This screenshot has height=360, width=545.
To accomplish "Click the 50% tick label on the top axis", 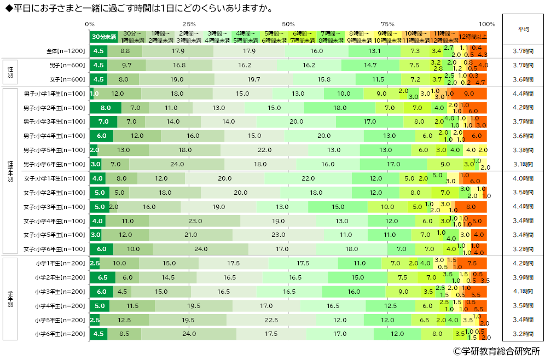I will pos(288,24).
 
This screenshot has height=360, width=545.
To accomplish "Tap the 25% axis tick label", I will pos(189,24).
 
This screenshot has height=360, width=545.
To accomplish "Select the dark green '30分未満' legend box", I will pos(104,37).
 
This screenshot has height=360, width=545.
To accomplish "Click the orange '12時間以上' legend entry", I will pos(472,37).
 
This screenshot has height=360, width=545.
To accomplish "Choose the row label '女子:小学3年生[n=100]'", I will pos(54,207).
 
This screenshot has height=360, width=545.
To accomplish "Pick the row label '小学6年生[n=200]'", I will pos(60,333).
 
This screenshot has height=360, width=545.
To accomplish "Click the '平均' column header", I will pos(523,30).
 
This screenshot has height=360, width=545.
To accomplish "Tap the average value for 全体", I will pos(523,51).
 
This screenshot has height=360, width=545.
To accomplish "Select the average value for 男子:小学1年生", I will pos(523,94).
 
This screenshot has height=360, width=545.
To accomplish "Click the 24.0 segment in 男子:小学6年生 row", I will pos(177,164).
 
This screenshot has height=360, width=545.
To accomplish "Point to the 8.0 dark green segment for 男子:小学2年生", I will pos(106,108).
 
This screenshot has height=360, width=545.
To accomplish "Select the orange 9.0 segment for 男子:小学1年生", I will pos(469,94).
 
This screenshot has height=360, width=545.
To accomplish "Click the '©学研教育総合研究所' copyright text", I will pos(496,351).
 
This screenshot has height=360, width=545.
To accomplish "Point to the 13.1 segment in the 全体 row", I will pos(374,51).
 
